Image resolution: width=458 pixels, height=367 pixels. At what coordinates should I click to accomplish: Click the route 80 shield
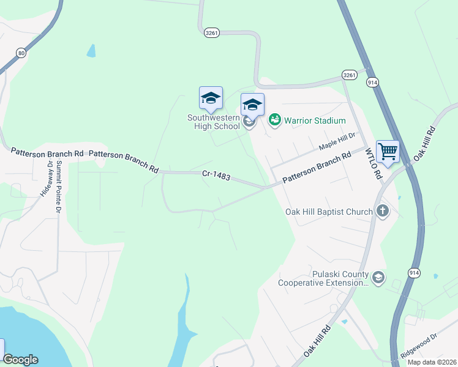22,53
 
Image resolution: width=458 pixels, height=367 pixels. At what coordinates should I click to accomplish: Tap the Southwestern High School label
214,122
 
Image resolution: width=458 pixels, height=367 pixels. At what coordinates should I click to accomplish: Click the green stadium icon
274,120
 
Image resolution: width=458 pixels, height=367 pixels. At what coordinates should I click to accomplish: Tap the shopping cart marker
388,151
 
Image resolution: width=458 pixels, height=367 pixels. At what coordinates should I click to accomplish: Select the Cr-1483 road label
216,176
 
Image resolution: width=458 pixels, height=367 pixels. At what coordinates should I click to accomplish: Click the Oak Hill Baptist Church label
329,212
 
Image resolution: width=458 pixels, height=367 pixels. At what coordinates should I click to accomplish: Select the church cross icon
383,212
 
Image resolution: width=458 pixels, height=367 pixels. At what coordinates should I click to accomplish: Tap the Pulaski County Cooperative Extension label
323,278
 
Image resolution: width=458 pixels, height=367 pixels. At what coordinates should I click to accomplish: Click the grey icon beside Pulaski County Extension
378,278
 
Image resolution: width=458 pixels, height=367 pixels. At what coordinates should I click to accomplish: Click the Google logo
20,360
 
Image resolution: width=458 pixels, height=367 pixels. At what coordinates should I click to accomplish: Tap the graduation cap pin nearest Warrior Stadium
252,105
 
